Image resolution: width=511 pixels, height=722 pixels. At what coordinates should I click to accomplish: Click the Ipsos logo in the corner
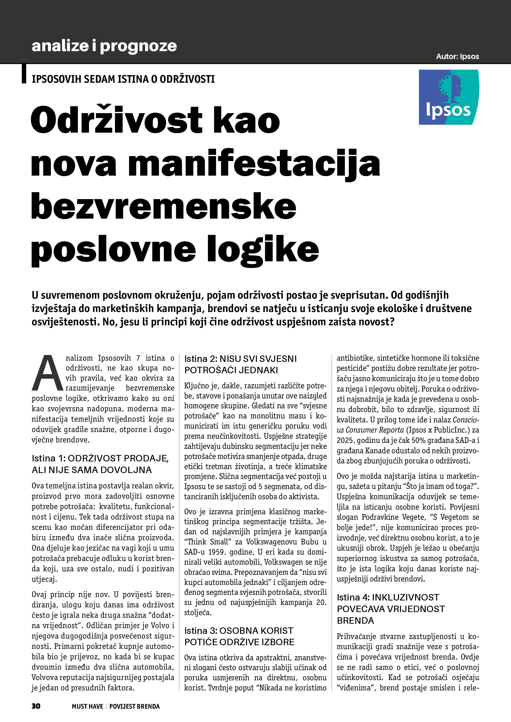pos(449,97)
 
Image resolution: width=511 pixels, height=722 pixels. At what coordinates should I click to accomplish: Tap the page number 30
pos(36,706)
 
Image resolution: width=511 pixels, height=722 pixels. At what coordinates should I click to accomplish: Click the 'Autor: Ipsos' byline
pos(457,57)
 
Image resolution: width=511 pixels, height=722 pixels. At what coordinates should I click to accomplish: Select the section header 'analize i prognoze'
pos(104,46)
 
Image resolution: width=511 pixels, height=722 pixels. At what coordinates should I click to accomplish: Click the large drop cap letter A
pos(47,373)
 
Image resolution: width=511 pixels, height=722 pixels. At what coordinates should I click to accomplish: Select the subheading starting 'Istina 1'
pos(100,464)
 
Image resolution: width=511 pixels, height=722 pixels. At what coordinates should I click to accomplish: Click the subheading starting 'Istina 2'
pos(240,365)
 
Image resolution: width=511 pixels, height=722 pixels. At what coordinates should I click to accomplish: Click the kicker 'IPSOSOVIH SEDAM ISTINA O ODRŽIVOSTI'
pos(123,79)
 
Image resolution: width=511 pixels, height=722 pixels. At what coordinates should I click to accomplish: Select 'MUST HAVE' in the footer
pos(87,706)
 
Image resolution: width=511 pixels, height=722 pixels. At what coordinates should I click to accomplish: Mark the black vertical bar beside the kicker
pos(24,74)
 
